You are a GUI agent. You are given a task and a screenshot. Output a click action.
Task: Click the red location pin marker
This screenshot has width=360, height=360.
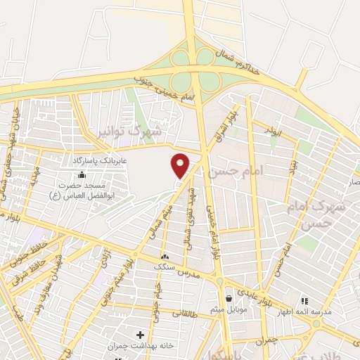[181, 165]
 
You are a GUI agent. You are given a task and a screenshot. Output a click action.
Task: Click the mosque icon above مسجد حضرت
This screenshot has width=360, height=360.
[83, 174]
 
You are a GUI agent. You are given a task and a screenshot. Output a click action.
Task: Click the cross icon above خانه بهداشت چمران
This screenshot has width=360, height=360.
[140, 334]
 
